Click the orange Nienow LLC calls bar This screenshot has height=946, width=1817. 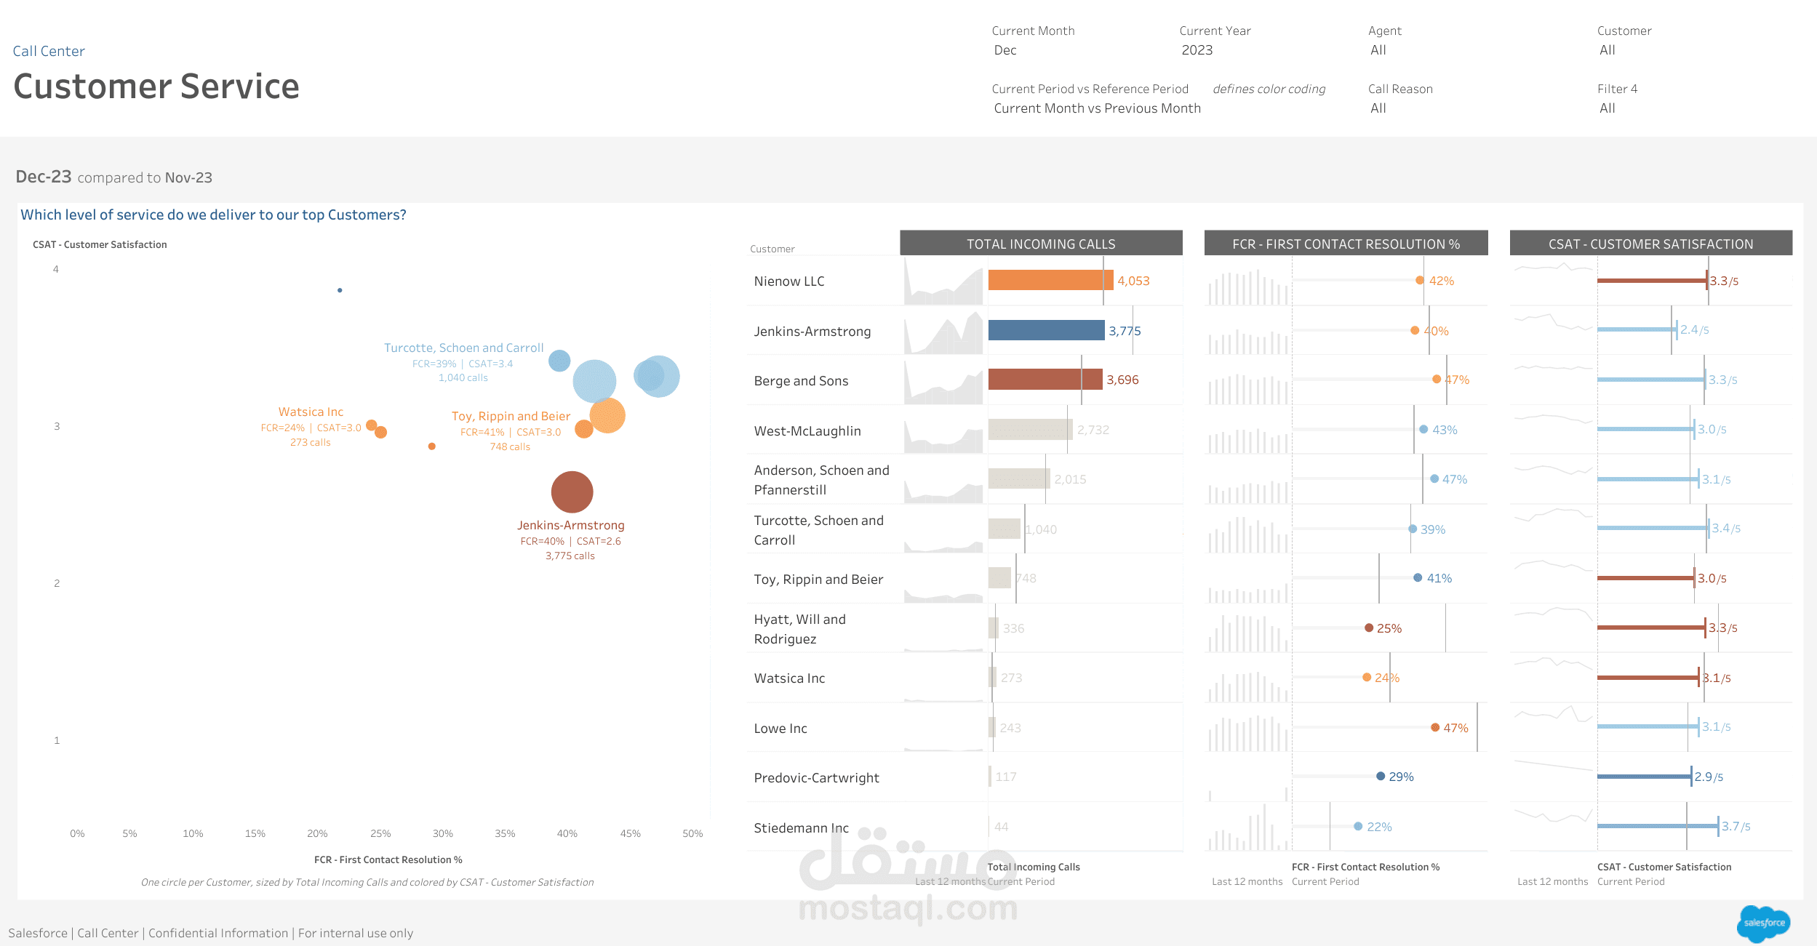tap(1050, 280)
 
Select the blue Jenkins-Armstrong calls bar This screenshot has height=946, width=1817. tap(1045, 330)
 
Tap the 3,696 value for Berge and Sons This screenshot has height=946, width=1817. tap(1122, 380)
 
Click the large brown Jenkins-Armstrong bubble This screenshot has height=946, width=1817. tap(572, 492)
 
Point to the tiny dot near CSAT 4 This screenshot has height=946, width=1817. tap(340, 290)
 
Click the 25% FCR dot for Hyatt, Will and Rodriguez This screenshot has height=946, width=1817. tap(1369, 628)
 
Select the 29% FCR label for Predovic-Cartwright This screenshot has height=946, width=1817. tap(1401, 777)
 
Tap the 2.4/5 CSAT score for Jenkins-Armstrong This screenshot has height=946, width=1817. tap(1694, 329)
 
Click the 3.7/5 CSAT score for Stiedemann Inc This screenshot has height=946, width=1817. tap(1736, 826)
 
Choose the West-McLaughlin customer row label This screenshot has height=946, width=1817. tap(807, 430)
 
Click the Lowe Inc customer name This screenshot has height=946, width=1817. tap(780, 728)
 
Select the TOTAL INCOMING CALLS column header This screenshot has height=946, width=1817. tap(1040, 244)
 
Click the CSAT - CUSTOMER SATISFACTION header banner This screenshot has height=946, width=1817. tap(1650, 244)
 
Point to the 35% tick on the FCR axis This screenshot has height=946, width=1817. tap(505, 833)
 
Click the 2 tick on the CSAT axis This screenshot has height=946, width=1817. tap(57, 583)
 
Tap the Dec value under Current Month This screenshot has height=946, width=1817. tap(1005, 50)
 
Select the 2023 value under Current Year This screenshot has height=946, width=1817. tap(1197, 50)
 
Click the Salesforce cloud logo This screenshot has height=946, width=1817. tap(1763, 923)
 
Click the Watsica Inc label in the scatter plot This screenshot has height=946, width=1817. tap(311, 412)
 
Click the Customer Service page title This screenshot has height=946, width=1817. tap(156, 87)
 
